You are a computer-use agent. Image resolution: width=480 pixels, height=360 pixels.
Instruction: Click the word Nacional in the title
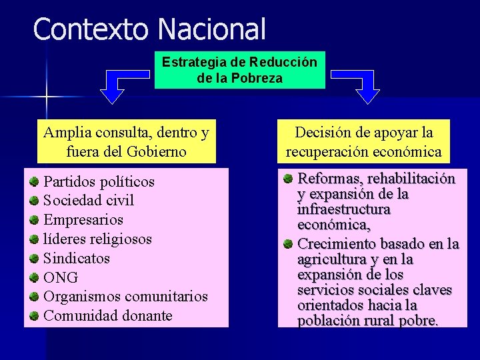point(212,29)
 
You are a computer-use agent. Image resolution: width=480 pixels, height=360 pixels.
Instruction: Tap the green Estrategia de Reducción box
point(240,70)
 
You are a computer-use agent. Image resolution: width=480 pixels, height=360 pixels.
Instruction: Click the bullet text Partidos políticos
point(99,181)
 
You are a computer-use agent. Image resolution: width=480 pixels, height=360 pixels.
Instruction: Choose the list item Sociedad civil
point(89,200)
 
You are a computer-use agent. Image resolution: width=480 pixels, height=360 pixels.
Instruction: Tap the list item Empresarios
point(83,219)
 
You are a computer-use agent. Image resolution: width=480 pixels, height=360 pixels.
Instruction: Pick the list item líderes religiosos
point(97,239)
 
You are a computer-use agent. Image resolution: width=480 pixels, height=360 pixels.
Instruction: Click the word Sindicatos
point(76,258)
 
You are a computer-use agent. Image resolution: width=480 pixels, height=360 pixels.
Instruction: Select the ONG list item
point(61,277)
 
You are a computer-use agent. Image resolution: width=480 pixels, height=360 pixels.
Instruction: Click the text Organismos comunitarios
point(125,296)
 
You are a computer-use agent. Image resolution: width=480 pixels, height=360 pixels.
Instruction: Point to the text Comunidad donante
point(107,315)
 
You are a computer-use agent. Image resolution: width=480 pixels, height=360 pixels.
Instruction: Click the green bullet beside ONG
point(33,277)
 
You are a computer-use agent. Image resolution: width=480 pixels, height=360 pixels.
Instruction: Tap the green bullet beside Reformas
point(287,179)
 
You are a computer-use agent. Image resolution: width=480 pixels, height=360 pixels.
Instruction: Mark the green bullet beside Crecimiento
point(287,244)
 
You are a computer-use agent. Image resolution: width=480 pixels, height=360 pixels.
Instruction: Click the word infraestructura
point(344,209)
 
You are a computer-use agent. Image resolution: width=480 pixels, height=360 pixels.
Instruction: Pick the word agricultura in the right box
point(333,259)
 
